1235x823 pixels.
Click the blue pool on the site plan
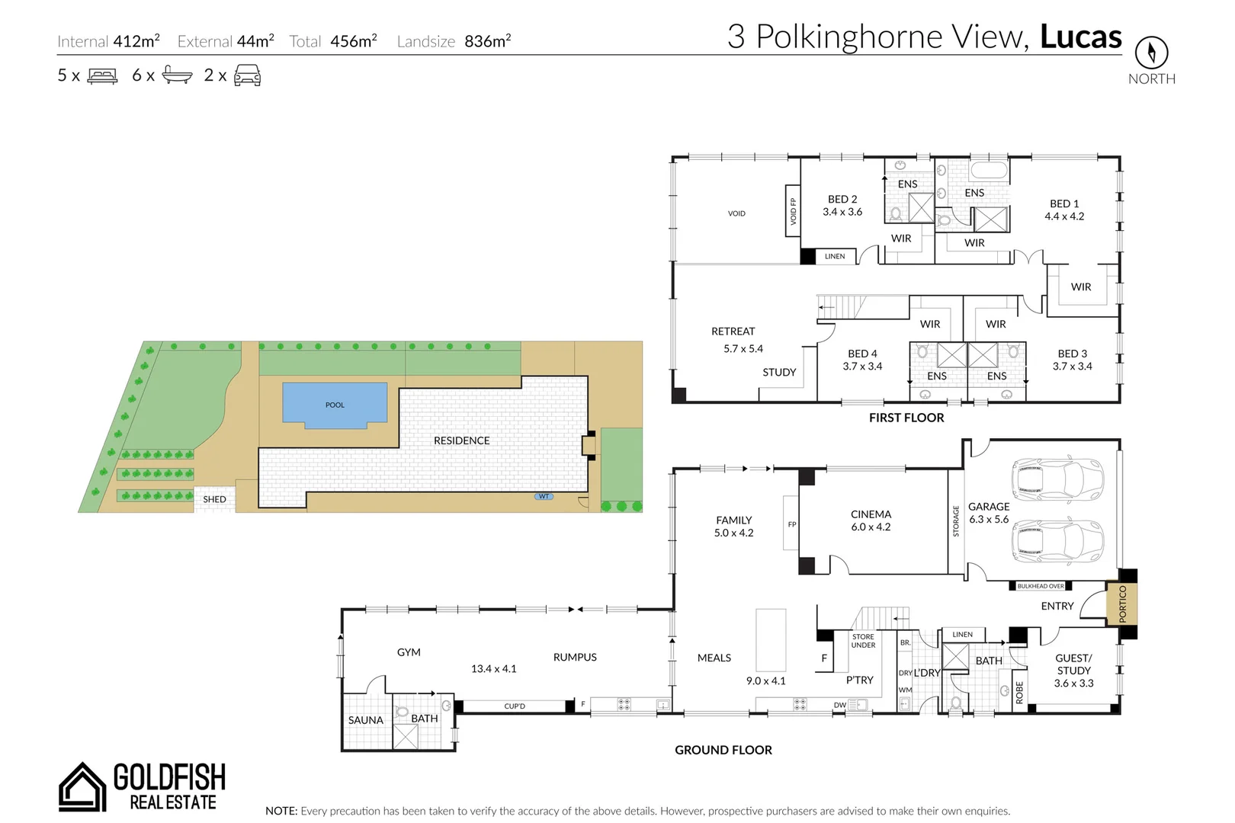[335, 402]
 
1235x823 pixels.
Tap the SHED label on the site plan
[214, 499]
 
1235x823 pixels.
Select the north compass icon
[1151, 53]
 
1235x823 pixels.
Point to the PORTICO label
[1122, 604]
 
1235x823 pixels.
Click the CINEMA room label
[871, 514]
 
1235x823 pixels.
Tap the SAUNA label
[365, 720]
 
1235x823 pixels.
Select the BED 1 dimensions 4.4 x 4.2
[1064, 216]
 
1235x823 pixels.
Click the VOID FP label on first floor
[793, 212]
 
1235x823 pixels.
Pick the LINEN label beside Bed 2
[835, 257]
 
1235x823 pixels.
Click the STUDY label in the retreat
[779, 372]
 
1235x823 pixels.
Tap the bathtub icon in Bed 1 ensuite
[989, 170]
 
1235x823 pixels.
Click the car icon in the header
[247, 75]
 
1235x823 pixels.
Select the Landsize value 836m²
[487, 41]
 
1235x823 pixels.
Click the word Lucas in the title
[1080, 37]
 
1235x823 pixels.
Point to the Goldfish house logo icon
[82, 786]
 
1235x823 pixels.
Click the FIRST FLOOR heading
[906, 418]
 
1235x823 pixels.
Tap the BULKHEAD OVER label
[1040, 586]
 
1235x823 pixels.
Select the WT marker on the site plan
[544, 496]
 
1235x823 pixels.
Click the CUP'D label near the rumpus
[515, 706]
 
